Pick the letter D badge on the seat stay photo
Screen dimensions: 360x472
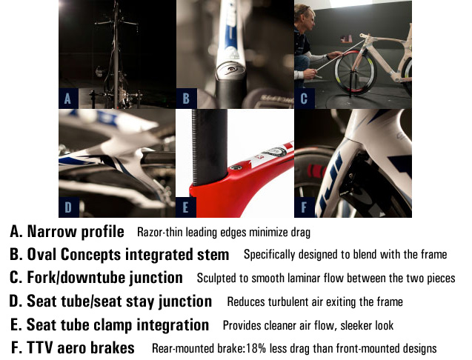click(68, 206)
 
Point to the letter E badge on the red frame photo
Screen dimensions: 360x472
click(186, 206)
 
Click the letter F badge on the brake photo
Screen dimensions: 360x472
click(304, 206)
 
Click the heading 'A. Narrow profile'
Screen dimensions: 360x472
click(67, 232)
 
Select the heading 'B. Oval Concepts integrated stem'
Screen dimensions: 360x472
click(119, 255)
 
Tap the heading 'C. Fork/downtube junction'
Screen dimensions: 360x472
click(96, 278)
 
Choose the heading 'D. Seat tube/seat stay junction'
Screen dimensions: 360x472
click(110, 301)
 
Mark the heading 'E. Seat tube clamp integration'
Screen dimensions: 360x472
click(110, 324)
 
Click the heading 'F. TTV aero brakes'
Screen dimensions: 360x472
click(73, 347)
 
